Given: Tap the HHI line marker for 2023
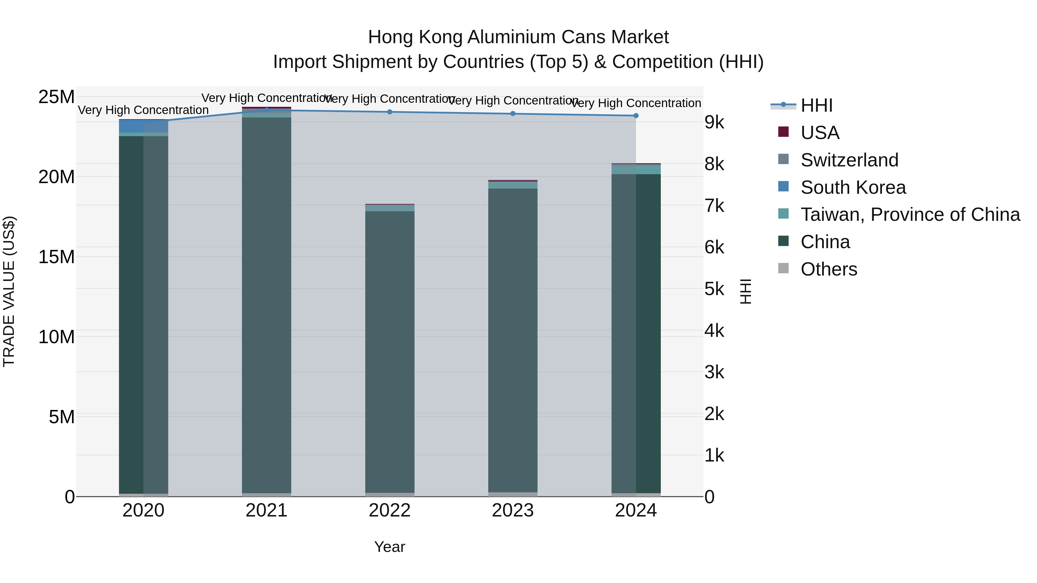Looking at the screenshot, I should tap(512, 113).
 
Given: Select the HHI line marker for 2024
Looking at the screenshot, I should tap(636, 115).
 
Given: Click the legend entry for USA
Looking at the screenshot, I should tap(820, 133).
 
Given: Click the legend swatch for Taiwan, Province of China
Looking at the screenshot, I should tap(784, 214).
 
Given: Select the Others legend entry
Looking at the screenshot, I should tap(828, 269).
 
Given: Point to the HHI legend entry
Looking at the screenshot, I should tap(816, 105).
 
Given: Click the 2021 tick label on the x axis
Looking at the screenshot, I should tap(266, 510).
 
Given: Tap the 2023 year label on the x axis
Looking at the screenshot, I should tap(512, 510).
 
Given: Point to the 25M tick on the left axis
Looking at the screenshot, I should tap(56, 97).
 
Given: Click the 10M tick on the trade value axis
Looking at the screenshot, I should tap(56, 337).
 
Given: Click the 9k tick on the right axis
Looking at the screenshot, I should tap(714, 122).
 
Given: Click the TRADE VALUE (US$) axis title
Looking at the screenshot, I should tap(9, 291).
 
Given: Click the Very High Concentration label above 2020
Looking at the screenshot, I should tap(143, 110).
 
